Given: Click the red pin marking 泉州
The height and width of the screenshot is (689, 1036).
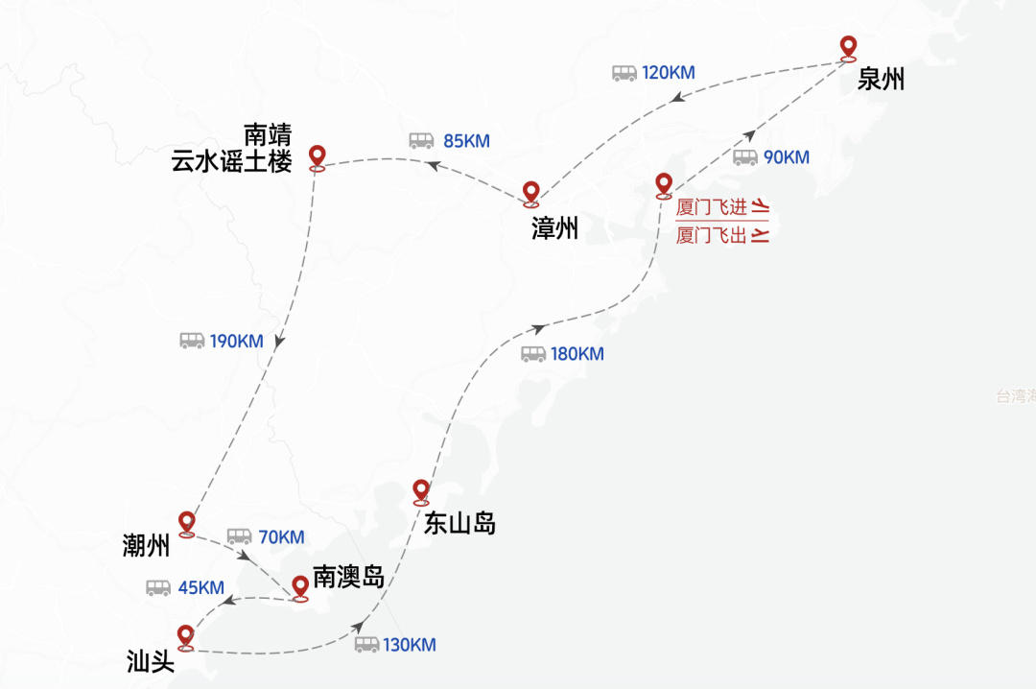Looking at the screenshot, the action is tap(848, 50).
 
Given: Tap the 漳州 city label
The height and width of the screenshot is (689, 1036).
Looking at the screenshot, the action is tap(555, 228).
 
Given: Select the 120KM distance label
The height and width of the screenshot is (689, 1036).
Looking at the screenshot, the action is tap(668, 73).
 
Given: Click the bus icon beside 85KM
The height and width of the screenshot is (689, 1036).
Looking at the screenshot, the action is tap(421, 140).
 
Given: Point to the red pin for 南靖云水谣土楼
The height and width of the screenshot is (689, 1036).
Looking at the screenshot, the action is tap(318, 158).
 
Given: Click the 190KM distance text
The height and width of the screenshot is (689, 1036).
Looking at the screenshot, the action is tap(237, 342).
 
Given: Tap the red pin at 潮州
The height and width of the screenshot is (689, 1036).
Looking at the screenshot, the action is tap(187, 524).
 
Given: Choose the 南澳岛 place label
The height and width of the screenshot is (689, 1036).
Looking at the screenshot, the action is tap(349, 577).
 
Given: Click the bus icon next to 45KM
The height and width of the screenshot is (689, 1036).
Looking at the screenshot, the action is tap(158, 587).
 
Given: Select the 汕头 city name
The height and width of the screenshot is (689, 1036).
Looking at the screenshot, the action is tap(151, 661).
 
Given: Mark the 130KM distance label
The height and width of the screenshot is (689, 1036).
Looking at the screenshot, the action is tap(409, 645).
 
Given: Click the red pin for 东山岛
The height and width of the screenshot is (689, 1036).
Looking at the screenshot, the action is tap(421, 492).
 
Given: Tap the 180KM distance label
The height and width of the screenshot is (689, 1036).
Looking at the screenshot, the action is tap(577, 354).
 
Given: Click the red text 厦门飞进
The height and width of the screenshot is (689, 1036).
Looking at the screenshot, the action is tap(712, 207).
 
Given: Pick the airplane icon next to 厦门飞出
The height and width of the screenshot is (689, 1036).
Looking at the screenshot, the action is tap(761, 234).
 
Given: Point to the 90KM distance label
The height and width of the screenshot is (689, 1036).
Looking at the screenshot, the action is tap(787, 157).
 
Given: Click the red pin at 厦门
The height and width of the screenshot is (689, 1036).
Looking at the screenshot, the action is tap(664, 186).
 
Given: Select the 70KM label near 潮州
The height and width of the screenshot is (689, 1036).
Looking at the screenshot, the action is tap(281, 537).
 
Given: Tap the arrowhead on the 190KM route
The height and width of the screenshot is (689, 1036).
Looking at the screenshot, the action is tap(279, 342).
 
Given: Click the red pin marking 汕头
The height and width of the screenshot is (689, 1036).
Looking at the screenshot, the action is tap(186, 638).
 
